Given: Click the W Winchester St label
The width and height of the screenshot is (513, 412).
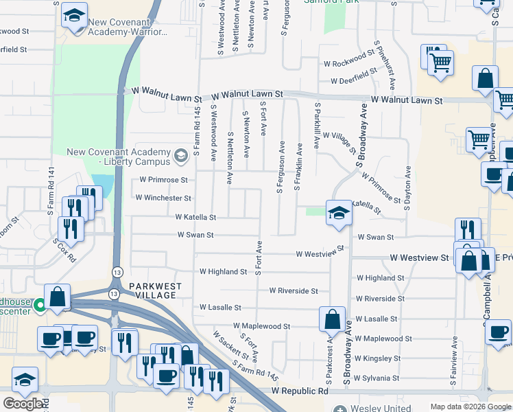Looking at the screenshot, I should pos(163,198).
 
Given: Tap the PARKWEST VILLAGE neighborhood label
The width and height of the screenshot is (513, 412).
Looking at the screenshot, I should pos(152,290).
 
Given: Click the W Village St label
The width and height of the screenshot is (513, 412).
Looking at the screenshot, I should pos(339,144).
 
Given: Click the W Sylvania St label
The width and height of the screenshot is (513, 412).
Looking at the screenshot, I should pos(377,378).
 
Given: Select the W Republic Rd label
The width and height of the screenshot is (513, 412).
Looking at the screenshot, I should pos(299,391).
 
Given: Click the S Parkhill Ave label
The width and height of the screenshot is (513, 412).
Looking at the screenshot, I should pos(317,126).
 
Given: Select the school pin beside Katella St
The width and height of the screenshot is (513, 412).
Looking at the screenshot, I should pos(339,214).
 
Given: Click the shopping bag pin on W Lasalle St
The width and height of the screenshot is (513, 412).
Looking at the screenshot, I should pos(332,319).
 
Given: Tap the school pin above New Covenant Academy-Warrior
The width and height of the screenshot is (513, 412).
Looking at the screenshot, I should pos(74,16).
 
